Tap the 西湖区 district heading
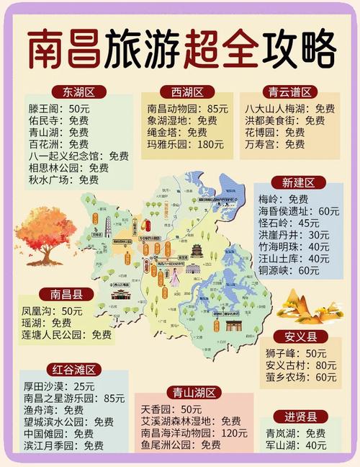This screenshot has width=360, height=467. (x=187, y=92)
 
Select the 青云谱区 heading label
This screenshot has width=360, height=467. (x=289, y=92)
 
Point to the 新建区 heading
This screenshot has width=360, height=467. (x=298, y=183)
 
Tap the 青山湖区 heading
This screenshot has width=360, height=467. (x=194, y=393)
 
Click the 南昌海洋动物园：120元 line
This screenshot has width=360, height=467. (x=194, y=433)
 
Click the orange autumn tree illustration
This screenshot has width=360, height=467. (x=44, y=233)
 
